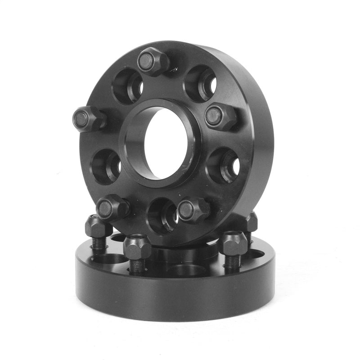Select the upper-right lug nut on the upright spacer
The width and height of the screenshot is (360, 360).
pos(220,116)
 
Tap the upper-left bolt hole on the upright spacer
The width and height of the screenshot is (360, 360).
pos(128,85)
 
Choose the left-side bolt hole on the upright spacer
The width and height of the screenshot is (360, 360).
pos(106,166)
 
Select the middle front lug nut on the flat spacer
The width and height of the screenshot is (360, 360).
pos(137,247)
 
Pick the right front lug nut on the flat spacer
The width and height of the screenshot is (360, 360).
pos(232,243)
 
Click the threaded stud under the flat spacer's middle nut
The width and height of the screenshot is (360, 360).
pos(137,266)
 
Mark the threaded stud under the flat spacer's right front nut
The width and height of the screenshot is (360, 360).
pos(233,262)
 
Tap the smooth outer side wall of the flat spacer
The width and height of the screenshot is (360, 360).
pos(175,297)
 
